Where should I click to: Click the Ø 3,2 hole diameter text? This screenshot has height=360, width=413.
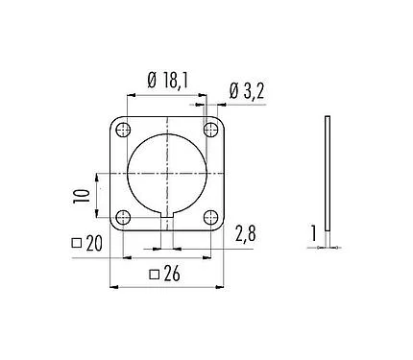click(x=249, y=92)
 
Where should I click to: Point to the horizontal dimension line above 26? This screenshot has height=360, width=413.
click(x=166, y=287)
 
